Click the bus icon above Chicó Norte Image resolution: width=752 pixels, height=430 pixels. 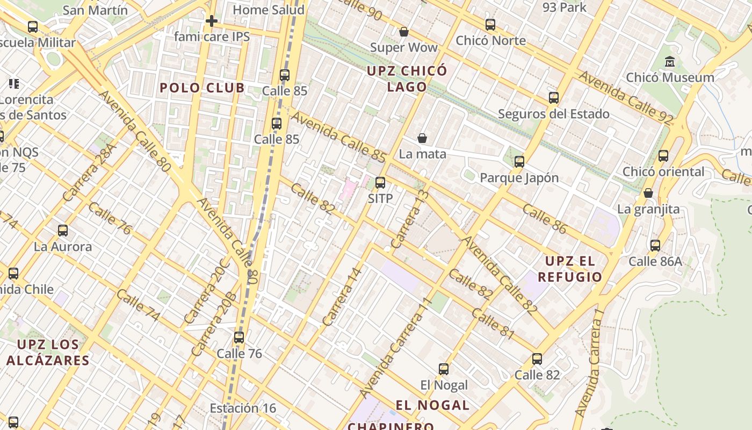[x=490, y=25]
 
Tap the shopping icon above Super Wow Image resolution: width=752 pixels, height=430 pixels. [x=403, y=32]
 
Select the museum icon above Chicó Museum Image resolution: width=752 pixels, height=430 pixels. [x=670, y=62]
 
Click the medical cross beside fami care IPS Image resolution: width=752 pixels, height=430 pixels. [x=212, y=21]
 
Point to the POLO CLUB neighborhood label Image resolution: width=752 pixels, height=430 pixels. [x=202, y=88]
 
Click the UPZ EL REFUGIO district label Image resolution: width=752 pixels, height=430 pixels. [x=570, y=269]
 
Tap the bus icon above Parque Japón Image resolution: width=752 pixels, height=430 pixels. [x=519, y=162]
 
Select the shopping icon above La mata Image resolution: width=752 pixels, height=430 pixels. [x=422, y=139]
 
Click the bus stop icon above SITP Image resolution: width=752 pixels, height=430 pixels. [x=380, y=183]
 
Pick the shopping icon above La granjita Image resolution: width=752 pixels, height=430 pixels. [x=648, y=193]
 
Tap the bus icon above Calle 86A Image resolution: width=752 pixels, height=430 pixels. [x=655, y=246]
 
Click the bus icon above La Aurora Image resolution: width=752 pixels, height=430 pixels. [x=63, y=231]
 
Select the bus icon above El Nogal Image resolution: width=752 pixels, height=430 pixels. [x=444, y=369]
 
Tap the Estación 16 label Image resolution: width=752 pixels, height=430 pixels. [x=243, y=408]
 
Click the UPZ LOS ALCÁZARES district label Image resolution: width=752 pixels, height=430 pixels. [x=48, y=352]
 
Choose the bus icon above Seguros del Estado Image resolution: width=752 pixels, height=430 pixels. [x=554, y=98]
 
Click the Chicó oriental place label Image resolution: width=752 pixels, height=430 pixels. [x=663, y=172]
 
